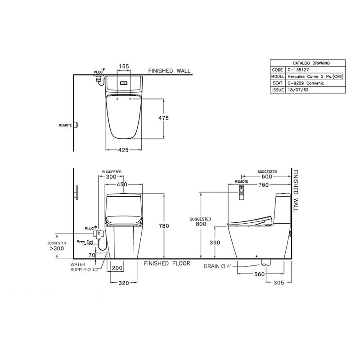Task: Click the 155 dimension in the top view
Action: (124, 66)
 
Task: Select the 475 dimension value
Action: (163, 118)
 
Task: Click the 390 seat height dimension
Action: (216, 243)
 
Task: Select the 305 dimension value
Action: (278, 283)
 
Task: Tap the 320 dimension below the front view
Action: (124, 283)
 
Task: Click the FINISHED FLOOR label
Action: (167, 263)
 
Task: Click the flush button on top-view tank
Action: (124, 82)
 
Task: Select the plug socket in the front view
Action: (97, 234)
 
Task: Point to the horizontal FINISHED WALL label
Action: (170, 71)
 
